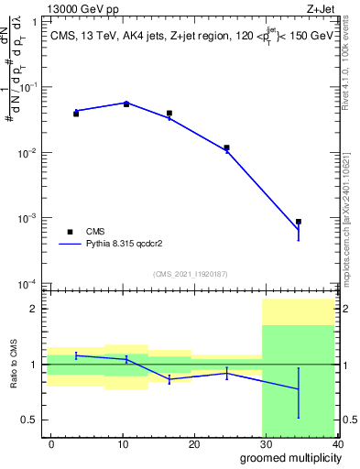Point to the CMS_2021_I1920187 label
(191, 274)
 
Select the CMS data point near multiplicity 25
(226, 147)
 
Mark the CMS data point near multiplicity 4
(76, 114)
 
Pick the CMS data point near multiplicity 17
(169, 114)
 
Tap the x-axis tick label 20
(194, 443)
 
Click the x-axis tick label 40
(336, 443)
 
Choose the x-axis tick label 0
(51, 443)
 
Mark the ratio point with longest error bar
(299, 389)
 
